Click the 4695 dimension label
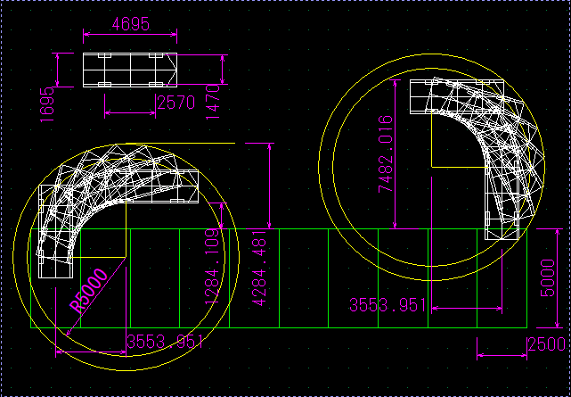coord(130,24)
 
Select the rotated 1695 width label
coord(47,104)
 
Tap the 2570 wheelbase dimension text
coord(176,103)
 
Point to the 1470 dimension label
coord(213,102)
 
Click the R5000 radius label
coord(89,291)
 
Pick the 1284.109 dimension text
coord(212,267)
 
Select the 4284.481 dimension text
coord(259,268)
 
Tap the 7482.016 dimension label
coord(386,153)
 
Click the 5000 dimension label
coord(548,278)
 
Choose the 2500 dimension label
coord(547,344)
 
